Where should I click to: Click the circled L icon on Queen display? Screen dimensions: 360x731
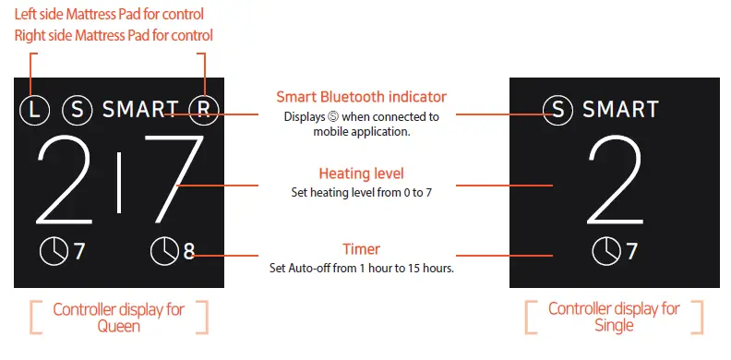pyautogui.click(x=34, y=110)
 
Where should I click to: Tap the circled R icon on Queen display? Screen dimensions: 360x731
pyautogui.click(x=203, y=110)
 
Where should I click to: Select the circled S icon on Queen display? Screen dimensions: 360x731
pyautogui.click(x=78, y=110)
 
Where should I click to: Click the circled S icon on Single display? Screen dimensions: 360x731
pyautogui.click(x=557, y=110)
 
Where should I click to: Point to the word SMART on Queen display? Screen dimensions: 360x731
pyautogui.click(x=140, y=110)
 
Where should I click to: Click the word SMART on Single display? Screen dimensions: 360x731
pyautogui.click(x=620, y=110)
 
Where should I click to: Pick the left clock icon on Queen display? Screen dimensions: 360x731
pyautogui.click(x=54, y=250)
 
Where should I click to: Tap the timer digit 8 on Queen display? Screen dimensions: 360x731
pyautogui.click(x=188, y=250)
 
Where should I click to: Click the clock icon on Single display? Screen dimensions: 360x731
pyautogui.click(x=606, y=250)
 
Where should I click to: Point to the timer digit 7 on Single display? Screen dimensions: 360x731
pyautogui.click(x=632, y=250)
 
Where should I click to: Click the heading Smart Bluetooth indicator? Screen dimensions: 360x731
pyautogui.click(x=362, y=97)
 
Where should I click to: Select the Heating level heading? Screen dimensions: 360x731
pyautogui.click(x=361, y=174)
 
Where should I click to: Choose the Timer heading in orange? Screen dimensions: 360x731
pyautogui.click(x=361, y=249)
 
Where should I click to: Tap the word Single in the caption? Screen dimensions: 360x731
pyautogui.click(x=615, y=325)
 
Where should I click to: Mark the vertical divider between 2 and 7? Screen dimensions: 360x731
pyautogui.click(x=119, y=183)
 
